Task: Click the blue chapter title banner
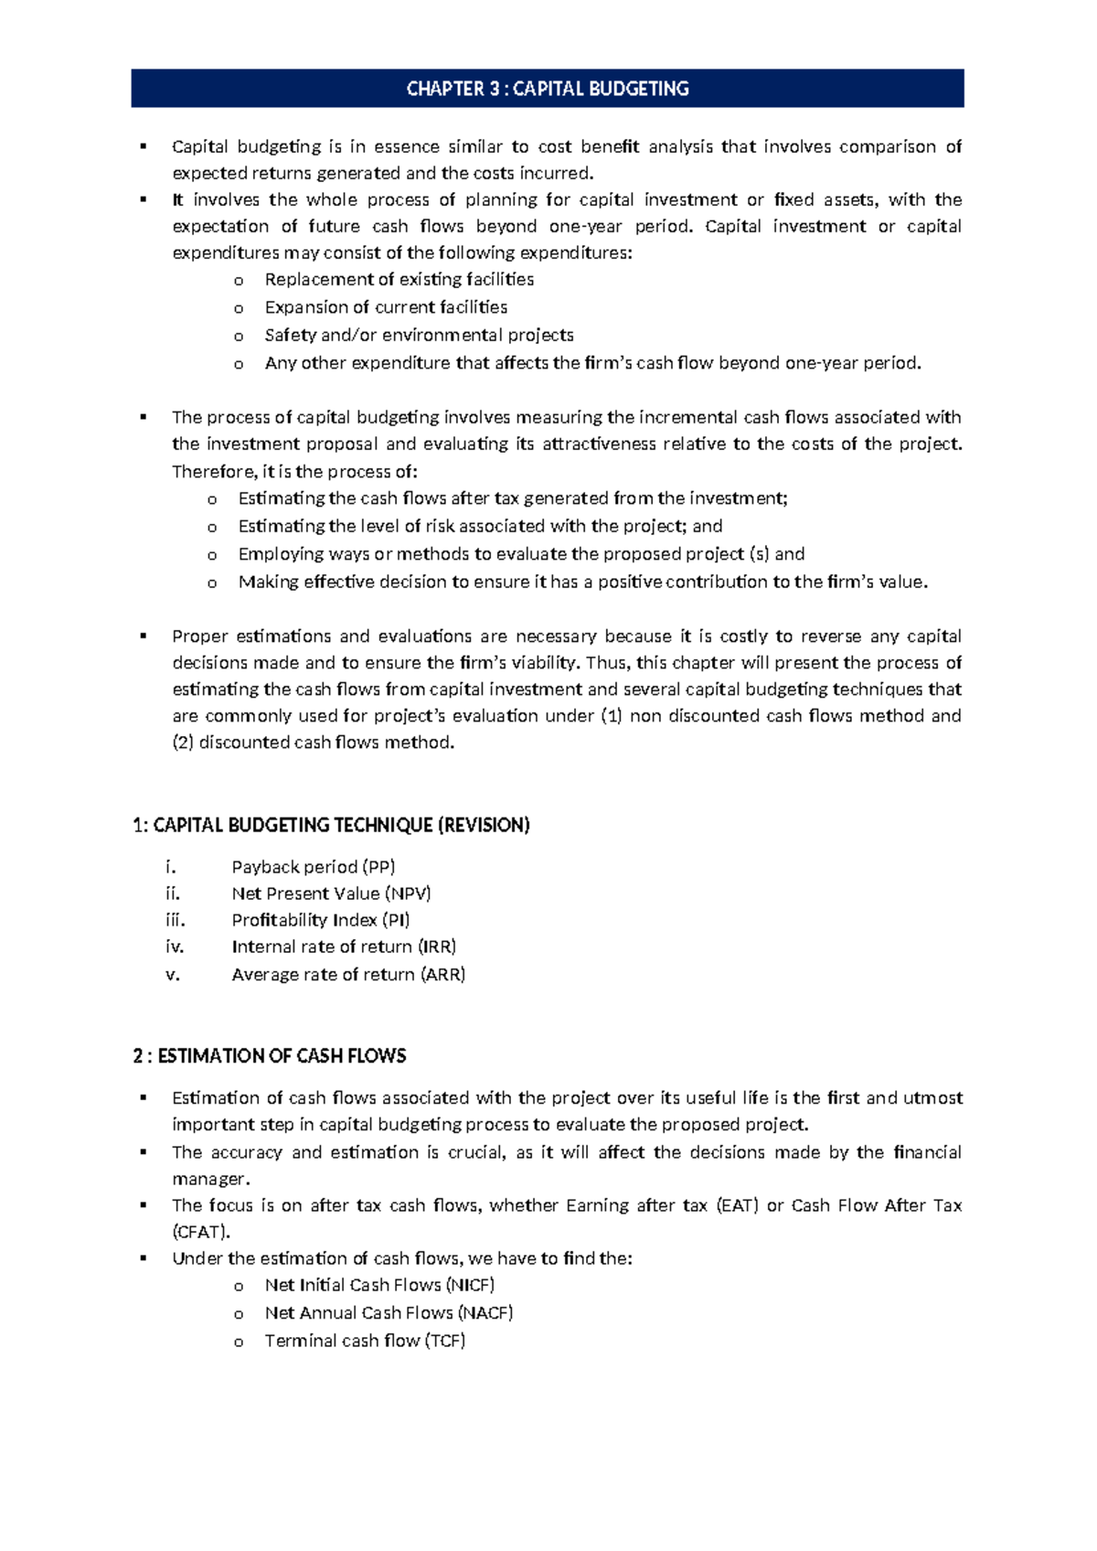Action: coord(547,89)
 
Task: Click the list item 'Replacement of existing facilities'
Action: coord(399,280)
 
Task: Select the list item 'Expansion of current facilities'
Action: coord(386,307)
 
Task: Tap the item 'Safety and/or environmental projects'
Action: coord(419,336)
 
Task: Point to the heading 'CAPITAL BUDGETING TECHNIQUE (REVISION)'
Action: coord(340,825)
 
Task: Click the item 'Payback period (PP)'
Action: coord(313,867)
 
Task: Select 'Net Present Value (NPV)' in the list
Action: coord(331,893)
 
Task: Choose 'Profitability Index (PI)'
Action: coord(320,920)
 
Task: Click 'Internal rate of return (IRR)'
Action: coord(344,947)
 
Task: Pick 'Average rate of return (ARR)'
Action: coord(348,975)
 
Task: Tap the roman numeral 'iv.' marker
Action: coord(175,947)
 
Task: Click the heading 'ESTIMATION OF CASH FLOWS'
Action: coord(281,1056)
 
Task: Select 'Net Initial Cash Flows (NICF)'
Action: coord(379,1285)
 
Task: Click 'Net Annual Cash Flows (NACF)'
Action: coord(389,1313)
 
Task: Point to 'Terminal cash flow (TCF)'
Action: coord(365,1341)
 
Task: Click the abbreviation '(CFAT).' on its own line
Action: coord(201,1232)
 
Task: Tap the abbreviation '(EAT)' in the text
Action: coord(738,1205)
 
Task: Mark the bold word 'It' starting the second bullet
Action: coord(177,200)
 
